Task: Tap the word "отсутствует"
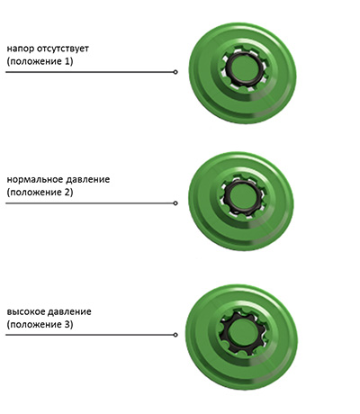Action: pos(62,49)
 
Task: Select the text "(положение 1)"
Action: pos(40,61)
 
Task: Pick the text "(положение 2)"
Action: pos(40,193)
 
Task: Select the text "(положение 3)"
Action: pos(40,325)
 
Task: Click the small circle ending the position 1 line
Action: pos(175,72)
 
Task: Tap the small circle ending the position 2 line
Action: pos(175,203)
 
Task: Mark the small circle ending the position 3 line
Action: pos(175,335)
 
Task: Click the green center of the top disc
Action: pos(245,68)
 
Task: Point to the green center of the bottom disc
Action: pos(243,331)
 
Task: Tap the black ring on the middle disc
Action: pos(226,197)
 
